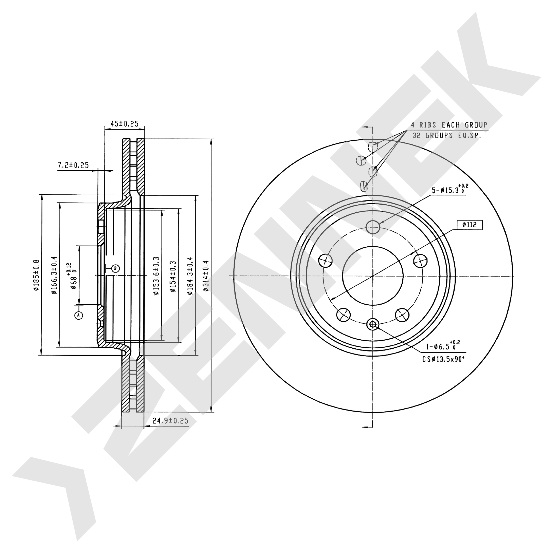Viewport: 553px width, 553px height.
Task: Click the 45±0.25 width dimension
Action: pos(125,124)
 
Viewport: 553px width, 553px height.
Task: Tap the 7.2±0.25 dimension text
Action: pos(73,165)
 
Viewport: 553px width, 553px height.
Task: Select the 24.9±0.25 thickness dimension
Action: pos(170,421)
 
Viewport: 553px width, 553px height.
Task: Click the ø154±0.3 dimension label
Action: pos(173,276)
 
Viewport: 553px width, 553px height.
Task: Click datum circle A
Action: pos(79,315)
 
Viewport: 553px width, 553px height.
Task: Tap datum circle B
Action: pos(115,268)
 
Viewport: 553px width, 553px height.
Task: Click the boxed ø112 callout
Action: pos(469,225)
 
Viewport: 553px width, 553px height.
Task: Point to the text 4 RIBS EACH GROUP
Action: pos(449,125)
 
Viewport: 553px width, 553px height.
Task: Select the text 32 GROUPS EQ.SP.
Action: pos(447,135)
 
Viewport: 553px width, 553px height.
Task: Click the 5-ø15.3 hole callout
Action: pos(450,189)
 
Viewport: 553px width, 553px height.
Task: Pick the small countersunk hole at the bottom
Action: pos(373,324)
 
